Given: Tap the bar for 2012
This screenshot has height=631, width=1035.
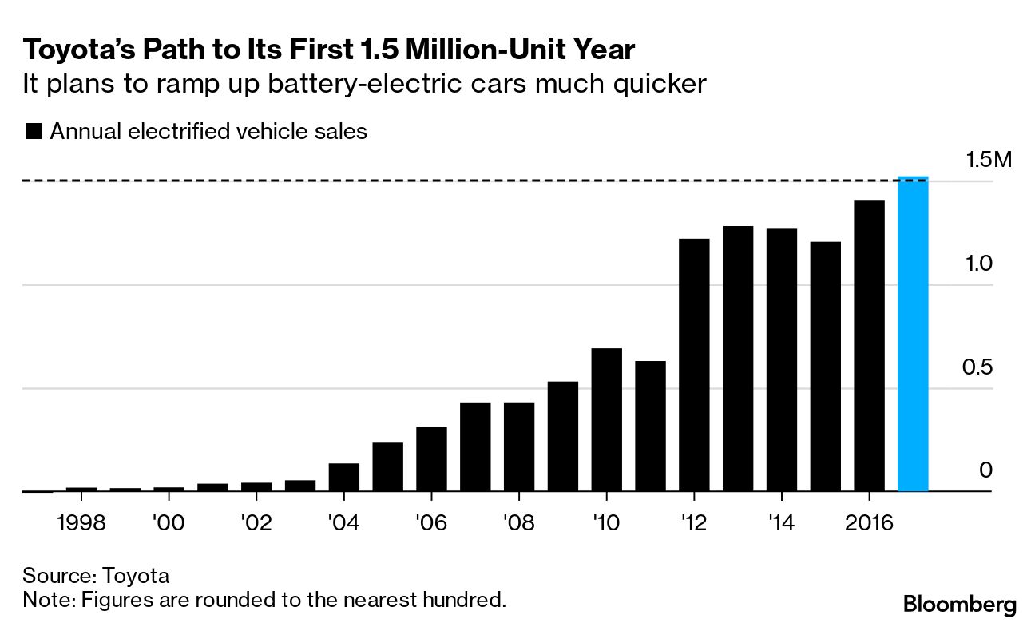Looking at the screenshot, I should [x=694, y=365].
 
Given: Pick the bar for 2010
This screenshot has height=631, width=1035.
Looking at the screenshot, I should [x=606, y=420].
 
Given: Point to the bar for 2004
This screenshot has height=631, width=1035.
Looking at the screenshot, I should [x=344, y=478].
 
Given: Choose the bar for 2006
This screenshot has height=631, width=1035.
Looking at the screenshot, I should [x=431, y=459].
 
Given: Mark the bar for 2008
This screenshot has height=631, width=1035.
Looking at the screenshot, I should [x=519, y=447].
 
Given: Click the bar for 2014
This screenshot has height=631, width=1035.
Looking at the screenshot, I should [x=781, y=360].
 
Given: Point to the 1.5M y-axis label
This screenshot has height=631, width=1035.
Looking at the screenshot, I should [x=988, y=160].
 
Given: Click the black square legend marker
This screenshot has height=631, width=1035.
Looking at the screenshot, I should [x=34, y=132].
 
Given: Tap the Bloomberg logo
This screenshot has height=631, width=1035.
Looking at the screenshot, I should [x=960, y=605].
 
